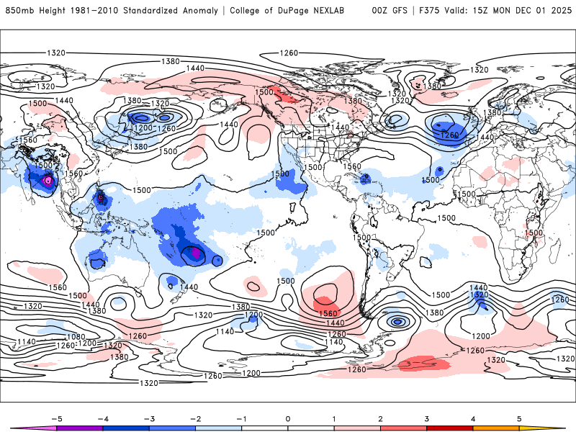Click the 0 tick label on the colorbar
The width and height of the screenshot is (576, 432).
[x=288, y=418]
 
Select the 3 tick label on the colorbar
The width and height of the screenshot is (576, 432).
[x=427, y=418]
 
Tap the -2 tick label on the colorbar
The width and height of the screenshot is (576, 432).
[x=195, y=418]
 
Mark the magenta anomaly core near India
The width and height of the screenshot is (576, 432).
[x=48, y=181]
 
